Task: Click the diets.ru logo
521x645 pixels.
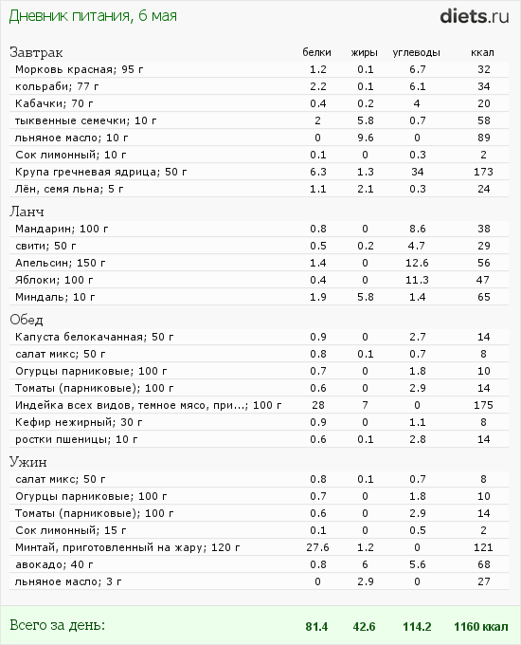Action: click(475, 16)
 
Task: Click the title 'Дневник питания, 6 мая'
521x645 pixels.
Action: click(93, 16)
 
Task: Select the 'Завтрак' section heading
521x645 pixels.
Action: click(36, 53)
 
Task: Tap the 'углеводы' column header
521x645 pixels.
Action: click(416, 53)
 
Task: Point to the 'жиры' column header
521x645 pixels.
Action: click(364, 53)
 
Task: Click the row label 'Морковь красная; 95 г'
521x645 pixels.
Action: click(80, 69)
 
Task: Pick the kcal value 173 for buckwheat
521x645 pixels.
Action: click(483, 172)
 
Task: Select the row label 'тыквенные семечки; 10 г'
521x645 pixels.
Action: click(86, 120)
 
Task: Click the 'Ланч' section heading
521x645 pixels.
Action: click(27, 212)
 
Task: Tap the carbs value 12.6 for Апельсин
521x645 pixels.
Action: click(417, 263)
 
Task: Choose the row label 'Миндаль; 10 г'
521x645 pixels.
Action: click(55, 297)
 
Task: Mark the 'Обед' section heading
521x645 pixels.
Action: click(27, 320)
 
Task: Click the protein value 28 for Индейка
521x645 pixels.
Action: click(318, 405)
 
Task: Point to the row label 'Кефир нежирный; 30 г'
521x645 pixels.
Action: click(79, 422)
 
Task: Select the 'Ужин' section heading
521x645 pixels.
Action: click(27, 462)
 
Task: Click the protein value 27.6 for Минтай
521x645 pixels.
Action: click(317, 547)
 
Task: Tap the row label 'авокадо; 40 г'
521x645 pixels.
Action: click(54, 564)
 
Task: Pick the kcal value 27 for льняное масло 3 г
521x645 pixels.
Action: click(484, 581)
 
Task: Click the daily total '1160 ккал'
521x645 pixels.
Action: click(480, 626)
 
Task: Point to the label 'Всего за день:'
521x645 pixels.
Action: click(57, 626)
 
